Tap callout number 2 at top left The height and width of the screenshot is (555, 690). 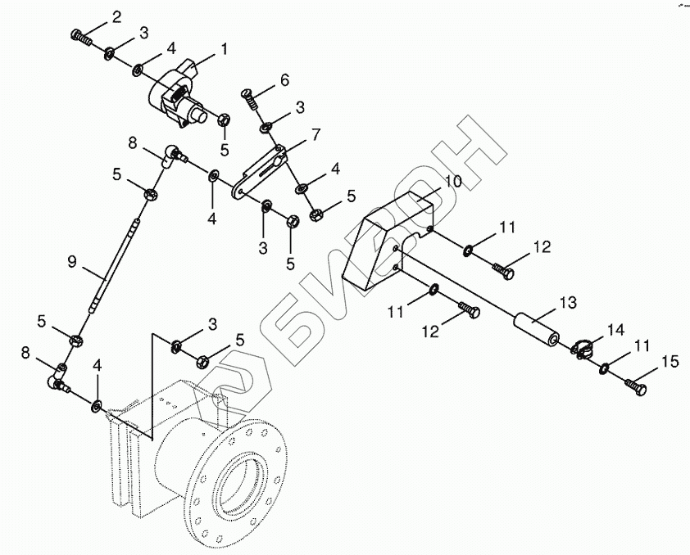[116, 17]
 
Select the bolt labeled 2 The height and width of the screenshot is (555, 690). [79, 37]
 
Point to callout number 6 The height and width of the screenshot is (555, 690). [284, 80]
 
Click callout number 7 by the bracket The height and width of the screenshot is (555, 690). [314, 134]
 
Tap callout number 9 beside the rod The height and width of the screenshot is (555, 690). [72, 262]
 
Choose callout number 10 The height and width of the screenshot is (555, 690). [453, 181]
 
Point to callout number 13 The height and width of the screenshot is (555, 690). [568, 304]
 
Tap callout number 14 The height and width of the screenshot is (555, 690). [615, 330]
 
